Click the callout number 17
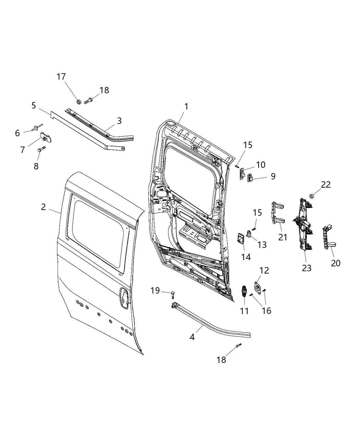tap(61, 77)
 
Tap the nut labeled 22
tap(312, 196)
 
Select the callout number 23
tap(307, 268)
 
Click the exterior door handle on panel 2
tap(123, 296)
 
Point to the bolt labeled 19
tap(172, 293)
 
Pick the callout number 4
tap(192, 337)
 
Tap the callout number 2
tap(43, 207)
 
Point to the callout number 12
tap(264, 270)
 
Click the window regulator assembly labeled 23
tap(303, 223)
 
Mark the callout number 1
tap(186, 107)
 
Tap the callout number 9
tap(273, 176)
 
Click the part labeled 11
tap(244, 292)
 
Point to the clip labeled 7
tap(47, 137)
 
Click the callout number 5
tap(34, 105)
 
